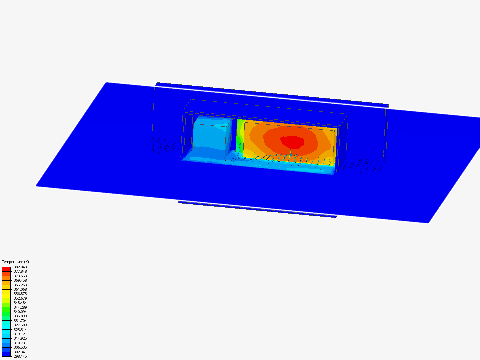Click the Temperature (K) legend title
[x=16, y=262]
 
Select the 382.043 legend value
[x=20, y=267]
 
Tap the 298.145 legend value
[x=20, y=357]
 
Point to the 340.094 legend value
[x=20, y=312]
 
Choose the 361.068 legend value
[x=20, y=289]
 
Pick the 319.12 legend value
[x=19, y=334]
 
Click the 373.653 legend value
[x=20, y=276]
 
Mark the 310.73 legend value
[x=19, y=343]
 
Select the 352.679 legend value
[x=20, y=298]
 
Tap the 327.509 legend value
[x=20, y=325]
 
